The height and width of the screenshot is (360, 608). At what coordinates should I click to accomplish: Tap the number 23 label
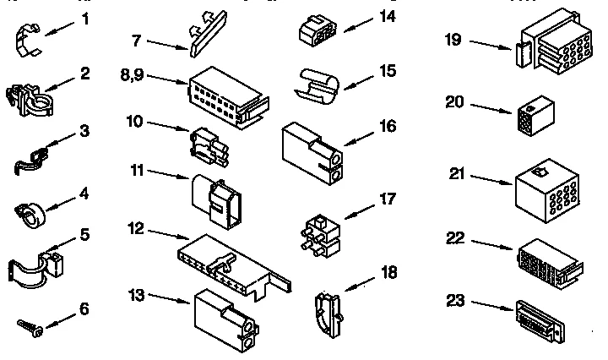click(x=455, y=300)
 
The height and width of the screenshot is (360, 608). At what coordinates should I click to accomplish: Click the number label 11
click(x=137, y=171)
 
